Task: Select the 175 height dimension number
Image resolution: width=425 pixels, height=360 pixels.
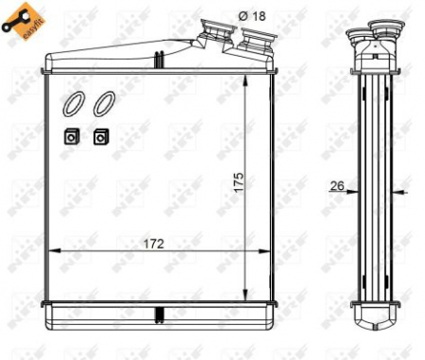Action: click(x=239, y=181)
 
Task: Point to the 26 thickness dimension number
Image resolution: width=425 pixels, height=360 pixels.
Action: click(x=337, y=186)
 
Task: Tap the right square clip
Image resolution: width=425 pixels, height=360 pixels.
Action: click(x=100, y=136)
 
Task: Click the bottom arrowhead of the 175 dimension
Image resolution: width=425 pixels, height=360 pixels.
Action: click(x=246, y=291)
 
